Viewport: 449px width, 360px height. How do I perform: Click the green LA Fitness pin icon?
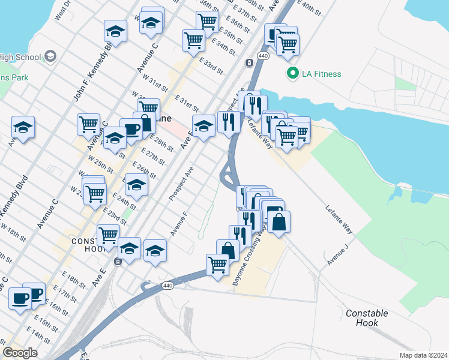[293, 74]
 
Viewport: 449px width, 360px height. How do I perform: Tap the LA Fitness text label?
[321, 74]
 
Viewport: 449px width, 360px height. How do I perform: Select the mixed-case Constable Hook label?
[367, 318]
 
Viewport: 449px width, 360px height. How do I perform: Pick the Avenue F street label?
[179, 223]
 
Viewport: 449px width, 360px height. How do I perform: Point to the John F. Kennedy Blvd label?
[93, 70]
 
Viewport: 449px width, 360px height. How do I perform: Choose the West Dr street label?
[63, 12]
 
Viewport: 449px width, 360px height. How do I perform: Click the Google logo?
[20, 353]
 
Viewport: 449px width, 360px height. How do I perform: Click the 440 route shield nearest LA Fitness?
[263, 55]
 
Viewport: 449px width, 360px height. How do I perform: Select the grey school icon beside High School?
[51, 57]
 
